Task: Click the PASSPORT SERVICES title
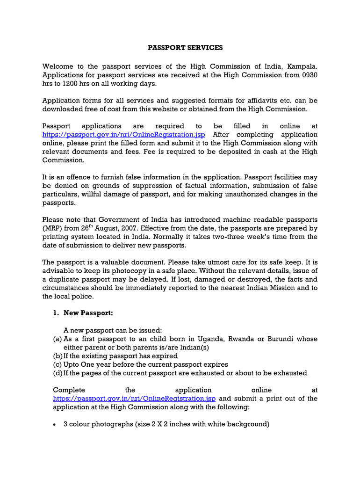pyautogui.click(x=185, y=48)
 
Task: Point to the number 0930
pyautogui.click(x=309, y=75)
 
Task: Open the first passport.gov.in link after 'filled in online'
pyautogui.click(x=123, y=135)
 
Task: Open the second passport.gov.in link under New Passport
pyautogui.click(x=134, y=399)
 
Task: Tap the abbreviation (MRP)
pyautogui.click(x=51, y=228)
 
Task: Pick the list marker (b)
pyautogui.click(x=58, y=356)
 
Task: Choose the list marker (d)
pyautogui.click(x=58, y=373)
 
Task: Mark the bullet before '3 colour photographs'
pyautogui.click(x=55, y=425)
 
